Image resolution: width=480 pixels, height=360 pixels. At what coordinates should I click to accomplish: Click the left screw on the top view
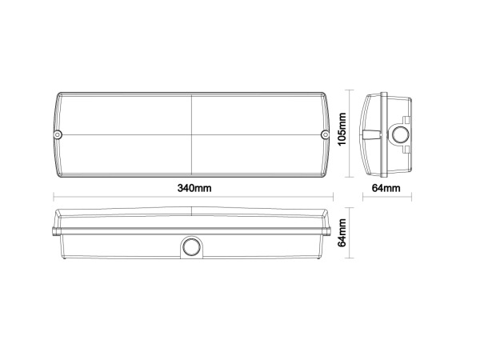[x=58, y=134]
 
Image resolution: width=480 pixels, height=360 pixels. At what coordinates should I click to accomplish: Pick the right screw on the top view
[x=325, y=134]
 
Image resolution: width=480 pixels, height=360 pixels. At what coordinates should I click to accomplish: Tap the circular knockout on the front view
[x=191, y=247]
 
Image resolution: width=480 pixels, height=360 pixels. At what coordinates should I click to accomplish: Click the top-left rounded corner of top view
[x=61, y=97]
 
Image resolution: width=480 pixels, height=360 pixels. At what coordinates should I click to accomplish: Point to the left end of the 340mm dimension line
[x=54, y=197]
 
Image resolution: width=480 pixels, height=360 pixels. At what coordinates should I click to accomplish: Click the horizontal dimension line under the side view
[x=386, y=197]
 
